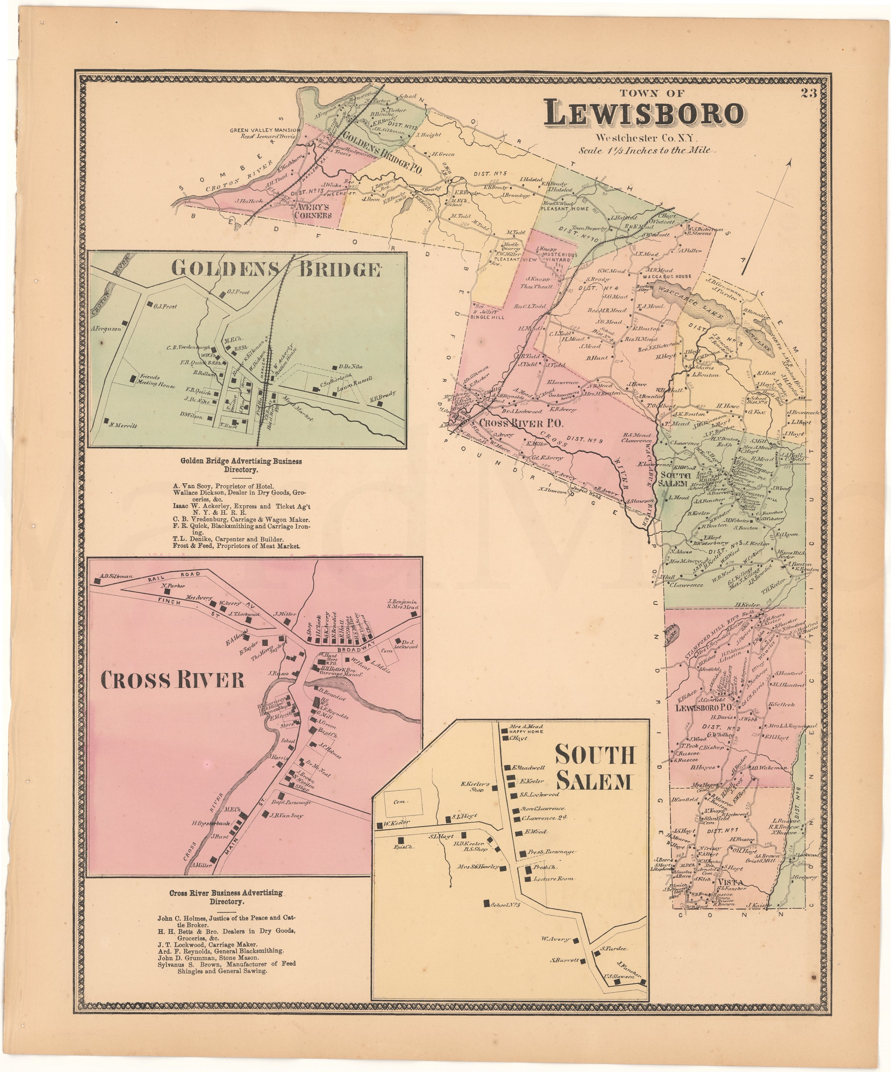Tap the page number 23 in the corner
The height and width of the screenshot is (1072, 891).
click(x=808, y=93)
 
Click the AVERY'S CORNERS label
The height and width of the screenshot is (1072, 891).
click(x=313, y=211)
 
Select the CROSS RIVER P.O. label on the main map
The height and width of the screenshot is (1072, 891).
click(x=521, y=423)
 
